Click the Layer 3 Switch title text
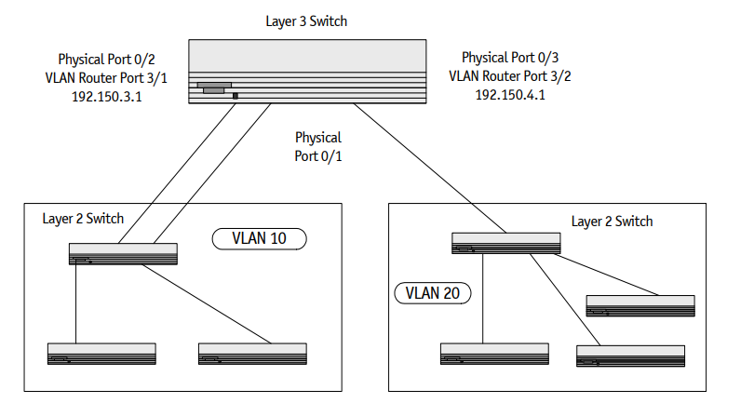[x=305, y=20]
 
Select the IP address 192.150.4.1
[x=510, y=95]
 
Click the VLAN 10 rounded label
[x=259, y=239]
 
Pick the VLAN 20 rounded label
[x=434, y=293]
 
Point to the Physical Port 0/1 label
[x=318, y=147]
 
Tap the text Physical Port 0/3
[x=510, y=58]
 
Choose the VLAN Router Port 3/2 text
[x=510, y=76]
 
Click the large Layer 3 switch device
[x=307, y=73]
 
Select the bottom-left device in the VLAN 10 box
[x=101, y=353]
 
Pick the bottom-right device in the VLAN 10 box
[x=251, y=353]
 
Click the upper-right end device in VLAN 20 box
[x=640, y=304]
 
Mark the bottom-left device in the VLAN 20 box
[x=494, y=354]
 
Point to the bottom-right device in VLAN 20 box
[x=631, y=356]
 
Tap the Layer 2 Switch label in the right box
[x=612, y=222]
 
